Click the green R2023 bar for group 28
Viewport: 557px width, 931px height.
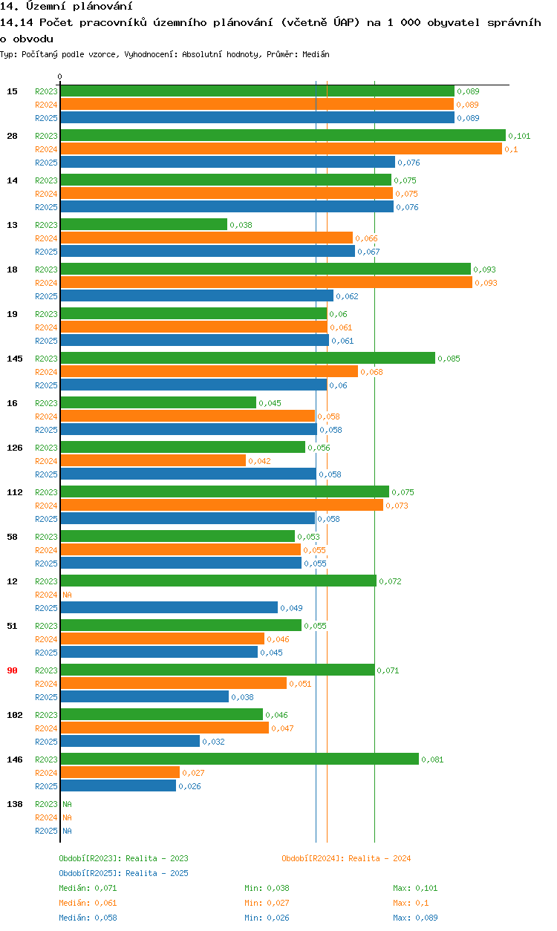[x=282, y=135]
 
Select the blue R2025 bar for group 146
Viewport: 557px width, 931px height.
[x=118, y=785]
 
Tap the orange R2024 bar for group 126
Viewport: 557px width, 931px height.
[x=153, y=460]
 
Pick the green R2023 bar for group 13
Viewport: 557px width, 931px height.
[x=143, y=224]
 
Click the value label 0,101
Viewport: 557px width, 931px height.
[x=519, y=136]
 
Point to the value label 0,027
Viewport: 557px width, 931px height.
[x=193, y=773]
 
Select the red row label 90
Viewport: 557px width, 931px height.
[x=12, y=670]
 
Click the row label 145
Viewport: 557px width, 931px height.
[x=15, y=359]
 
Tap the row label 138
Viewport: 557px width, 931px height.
[x=15, y=804]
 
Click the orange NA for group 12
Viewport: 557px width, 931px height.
[x=67, y=595]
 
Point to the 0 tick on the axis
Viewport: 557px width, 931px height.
[x=60, y=76]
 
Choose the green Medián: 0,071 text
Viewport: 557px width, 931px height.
[x=88, y=888]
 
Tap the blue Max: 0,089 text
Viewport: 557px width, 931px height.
[x=415, y=918]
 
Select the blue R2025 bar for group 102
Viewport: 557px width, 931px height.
[x=130, y=741]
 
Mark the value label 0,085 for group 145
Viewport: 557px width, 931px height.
[x=449, y=359]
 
